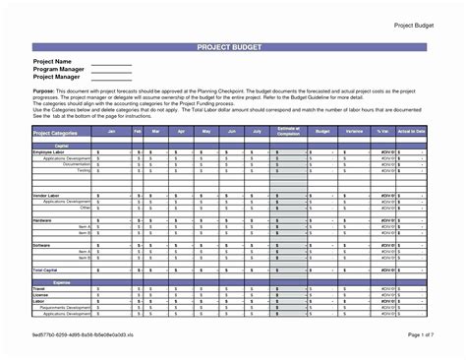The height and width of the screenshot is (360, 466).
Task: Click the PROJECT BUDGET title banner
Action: click(x=233, y=45)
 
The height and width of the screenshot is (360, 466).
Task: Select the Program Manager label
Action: click(x=58, y=70)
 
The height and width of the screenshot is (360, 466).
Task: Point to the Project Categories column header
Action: click(x=58, y=132)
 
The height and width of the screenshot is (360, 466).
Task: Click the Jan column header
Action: click(x=111, y=130)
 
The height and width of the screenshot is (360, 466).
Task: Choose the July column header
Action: click(x=257, y=130)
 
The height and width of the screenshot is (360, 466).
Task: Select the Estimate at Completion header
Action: click(x=288, y=132)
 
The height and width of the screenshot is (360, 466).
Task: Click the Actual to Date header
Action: click(x=413, y=130)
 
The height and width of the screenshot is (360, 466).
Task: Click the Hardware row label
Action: click(x=43, y=219)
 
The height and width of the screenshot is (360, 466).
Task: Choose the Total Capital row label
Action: click(x=46, y=270)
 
